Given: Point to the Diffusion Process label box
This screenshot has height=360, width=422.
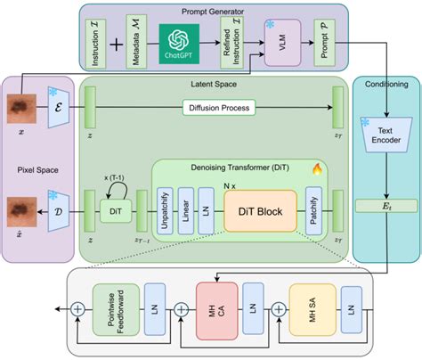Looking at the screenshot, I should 215,109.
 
